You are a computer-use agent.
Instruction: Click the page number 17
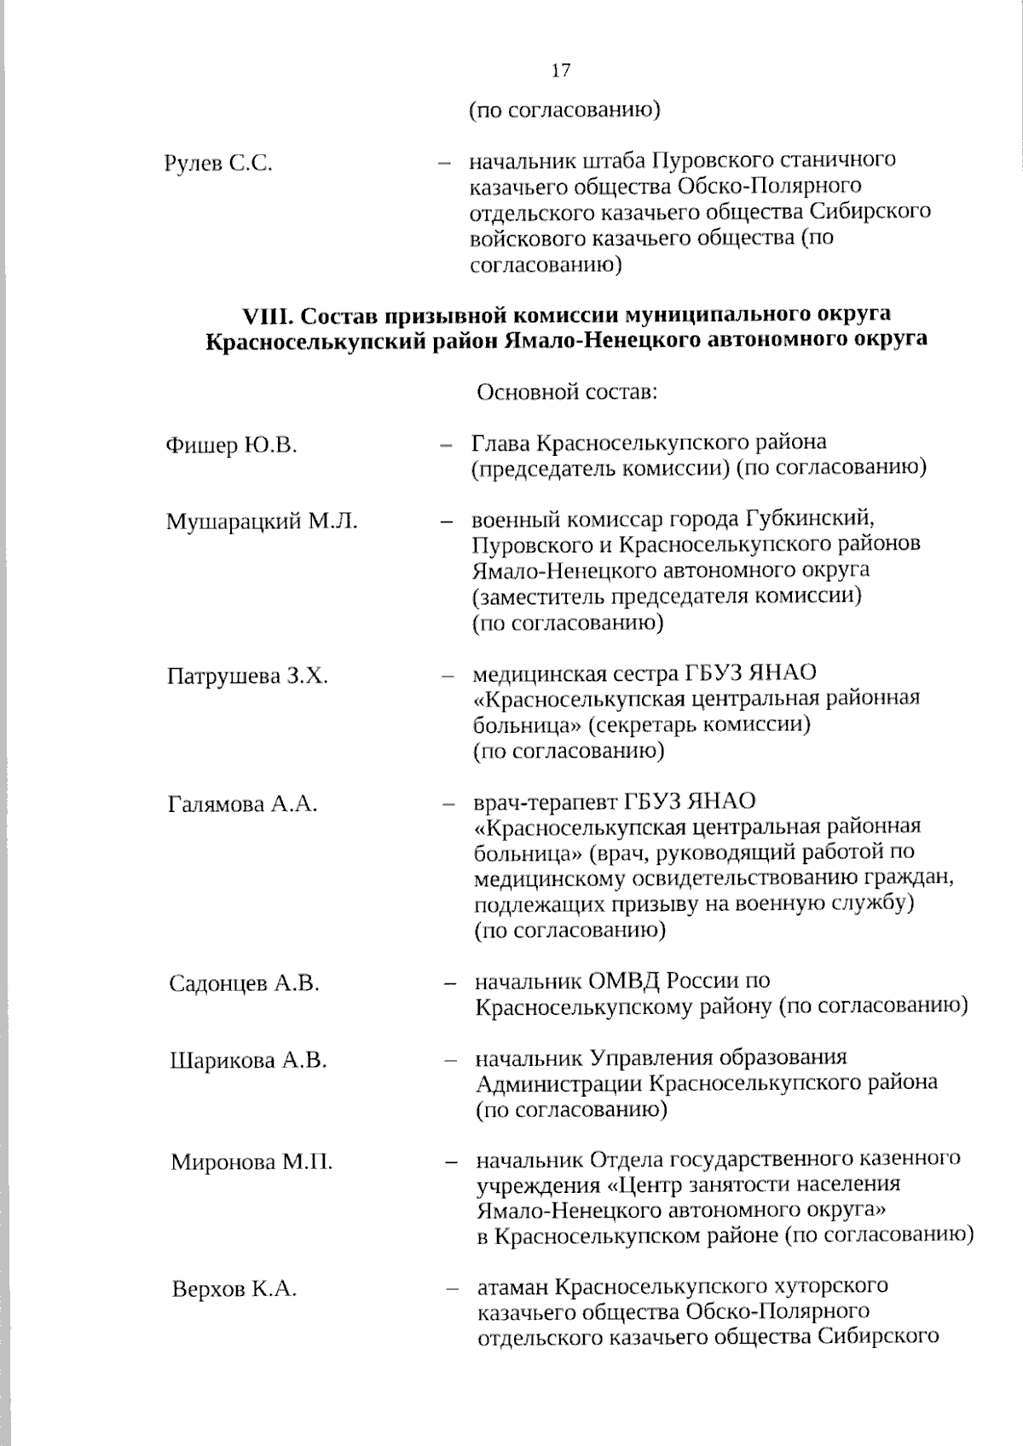[x=561, y=70]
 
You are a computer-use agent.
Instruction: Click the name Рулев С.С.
[x=218, y=164]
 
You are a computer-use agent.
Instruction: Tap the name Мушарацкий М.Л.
[x=262, y=521]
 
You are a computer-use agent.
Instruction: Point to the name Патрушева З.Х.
[x=247, y=677]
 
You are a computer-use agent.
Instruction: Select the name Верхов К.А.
[x=234, y=1289]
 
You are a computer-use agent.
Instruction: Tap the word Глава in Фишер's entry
[x=499, y=443]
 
